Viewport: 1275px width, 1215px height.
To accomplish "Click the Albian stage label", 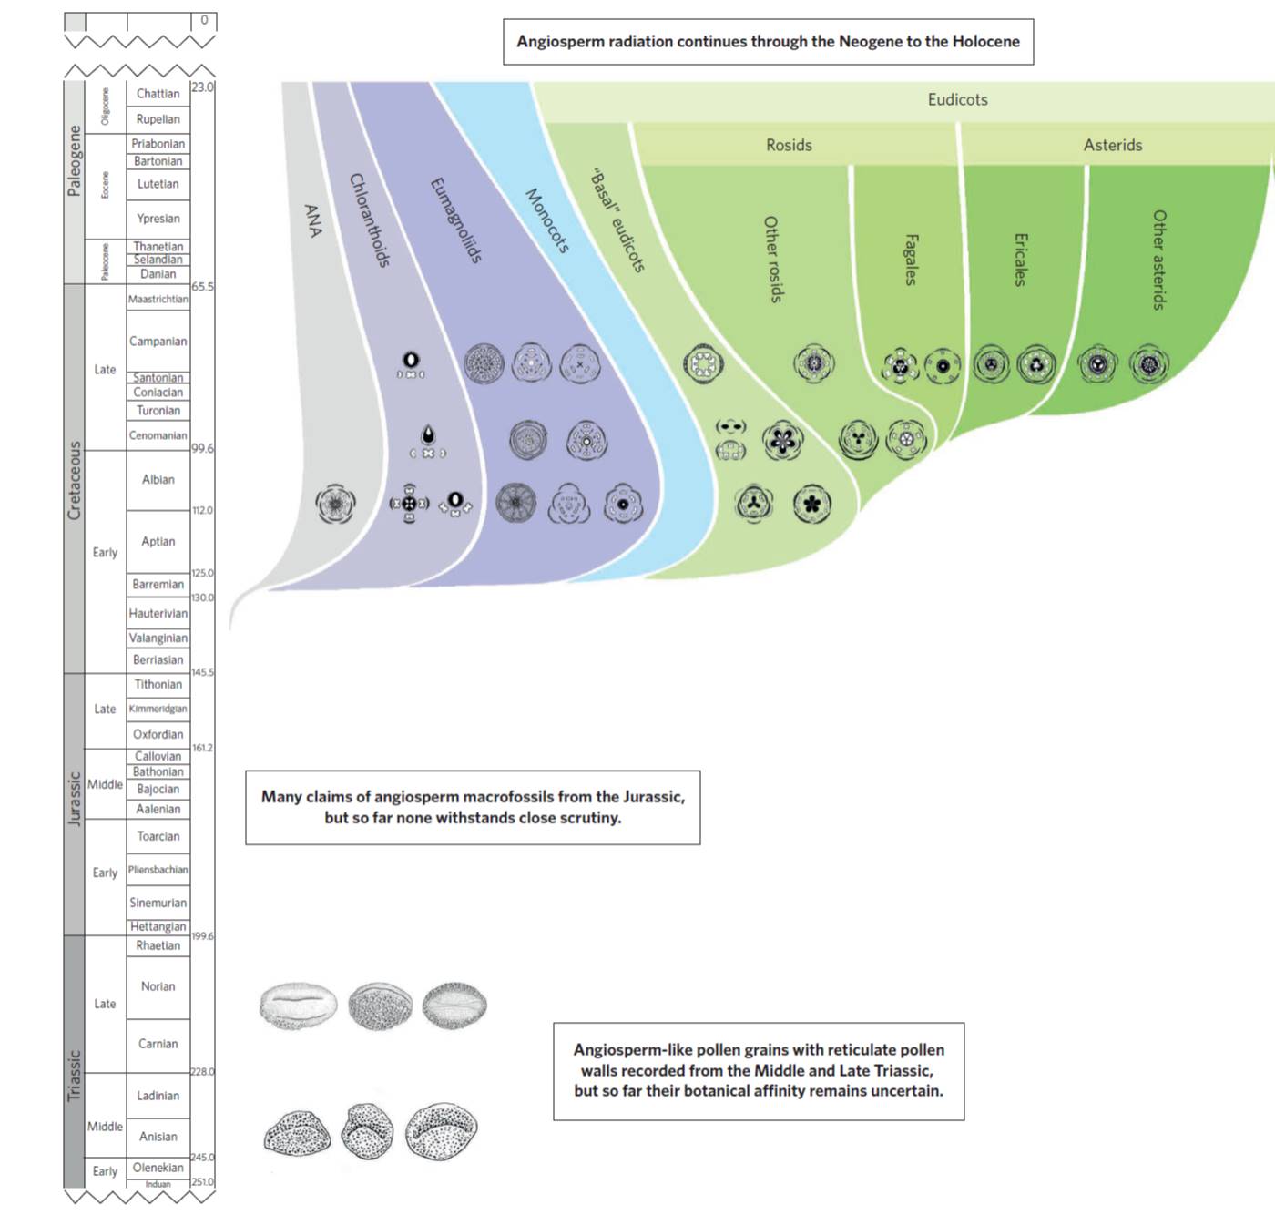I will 158,479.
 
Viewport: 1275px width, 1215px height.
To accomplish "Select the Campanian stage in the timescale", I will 158,342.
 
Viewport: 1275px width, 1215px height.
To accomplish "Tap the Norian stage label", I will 158,986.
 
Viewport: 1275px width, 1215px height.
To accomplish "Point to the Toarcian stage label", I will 158,836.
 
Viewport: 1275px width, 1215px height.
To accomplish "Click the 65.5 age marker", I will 202,287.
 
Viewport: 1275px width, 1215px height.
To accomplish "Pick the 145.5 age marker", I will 202,672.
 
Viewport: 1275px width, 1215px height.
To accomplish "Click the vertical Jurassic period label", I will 75,799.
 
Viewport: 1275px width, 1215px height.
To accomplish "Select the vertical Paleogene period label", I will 75,161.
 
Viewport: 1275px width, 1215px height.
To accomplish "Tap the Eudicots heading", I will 957,100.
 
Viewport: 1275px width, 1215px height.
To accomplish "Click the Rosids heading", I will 789,146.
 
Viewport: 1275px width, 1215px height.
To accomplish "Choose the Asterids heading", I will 1112,146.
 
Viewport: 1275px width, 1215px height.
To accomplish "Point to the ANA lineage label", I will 313,220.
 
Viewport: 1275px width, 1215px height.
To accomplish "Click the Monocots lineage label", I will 547,221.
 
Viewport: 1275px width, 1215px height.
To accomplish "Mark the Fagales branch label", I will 910,260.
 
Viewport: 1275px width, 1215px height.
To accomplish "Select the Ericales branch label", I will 1020,260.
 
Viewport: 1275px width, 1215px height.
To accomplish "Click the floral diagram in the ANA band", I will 335,504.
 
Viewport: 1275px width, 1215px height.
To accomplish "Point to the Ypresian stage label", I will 158,219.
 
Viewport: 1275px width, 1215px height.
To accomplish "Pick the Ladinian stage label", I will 158,1096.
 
